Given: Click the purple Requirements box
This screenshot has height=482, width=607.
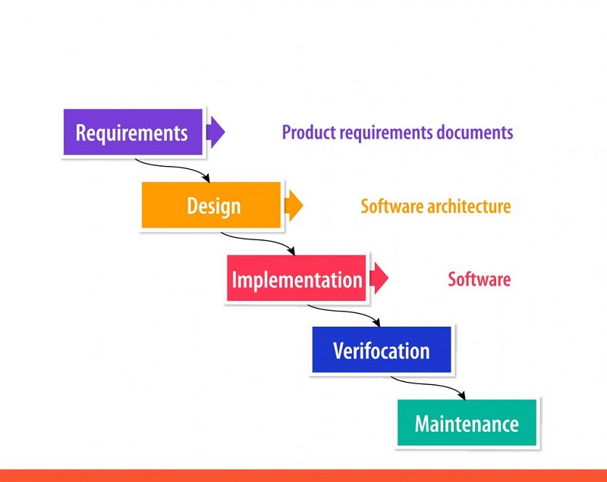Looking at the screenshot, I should click(132, 133).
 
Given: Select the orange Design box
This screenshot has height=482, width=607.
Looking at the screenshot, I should click(212, 205).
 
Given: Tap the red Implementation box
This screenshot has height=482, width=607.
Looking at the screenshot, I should click(297, 279).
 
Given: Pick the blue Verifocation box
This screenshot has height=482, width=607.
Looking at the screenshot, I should click(382, 351).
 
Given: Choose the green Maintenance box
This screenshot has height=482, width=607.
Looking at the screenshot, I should click(467, 423).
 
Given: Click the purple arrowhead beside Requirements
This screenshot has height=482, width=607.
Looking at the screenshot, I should click(216, 132).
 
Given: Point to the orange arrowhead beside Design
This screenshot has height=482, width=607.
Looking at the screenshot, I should click(294, 205).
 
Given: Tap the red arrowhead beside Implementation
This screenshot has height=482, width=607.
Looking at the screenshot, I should click(379, 279).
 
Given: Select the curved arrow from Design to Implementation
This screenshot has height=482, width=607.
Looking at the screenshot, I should click(258, 242).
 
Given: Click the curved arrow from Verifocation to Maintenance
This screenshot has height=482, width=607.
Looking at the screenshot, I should click(429, 386).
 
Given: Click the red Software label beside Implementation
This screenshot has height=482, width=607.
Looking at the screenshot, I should click(479, 279).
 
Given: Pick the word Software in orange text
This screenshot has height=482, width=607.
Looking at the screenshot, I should click(389, 206).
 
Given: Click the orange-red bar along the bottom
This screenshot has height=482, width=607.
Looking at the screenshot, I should click(303, 476).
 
